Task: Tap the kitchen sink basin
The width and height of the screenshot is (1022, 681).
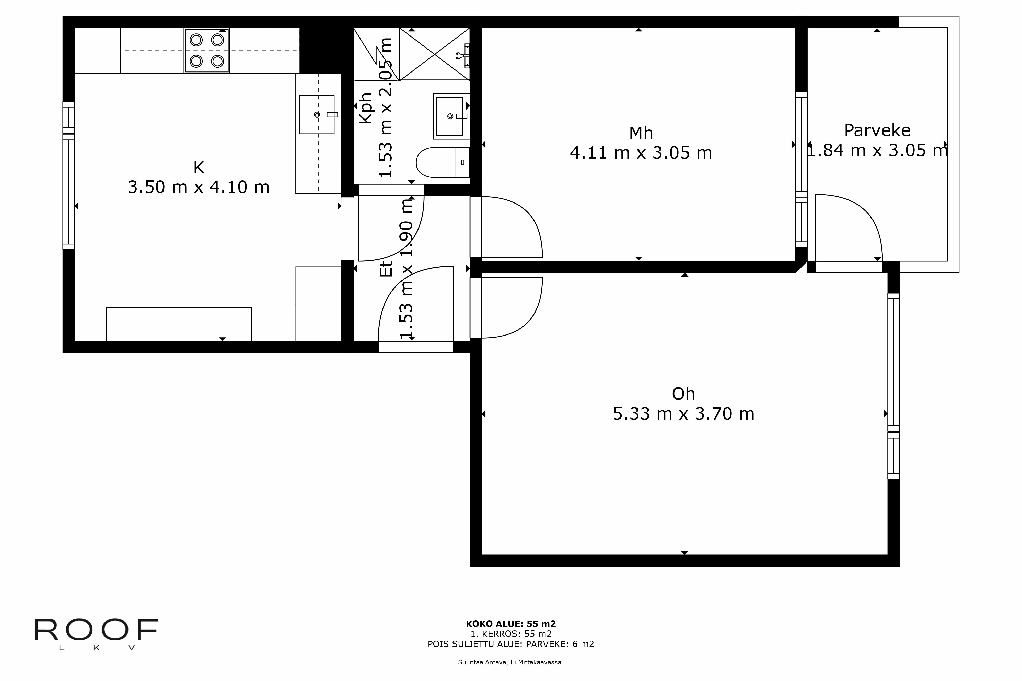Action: click(317, 115)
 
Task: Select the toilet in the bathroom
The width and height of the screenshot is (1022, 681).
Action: click(443, 162)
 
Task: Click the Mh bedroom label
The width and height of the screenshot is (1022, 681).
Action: click(641, 133)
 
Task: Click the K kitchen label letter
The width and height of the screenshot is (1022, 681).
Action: click(199, 167)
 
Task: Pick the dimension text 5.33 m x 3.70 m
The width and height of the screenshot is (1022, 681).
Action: click(683, 414)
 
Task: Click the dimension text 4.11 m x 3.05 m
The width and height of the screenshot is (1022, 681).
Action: click(641, 153)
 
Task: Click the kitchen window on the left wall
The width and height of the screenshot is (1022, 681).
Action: click(69, 175)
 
